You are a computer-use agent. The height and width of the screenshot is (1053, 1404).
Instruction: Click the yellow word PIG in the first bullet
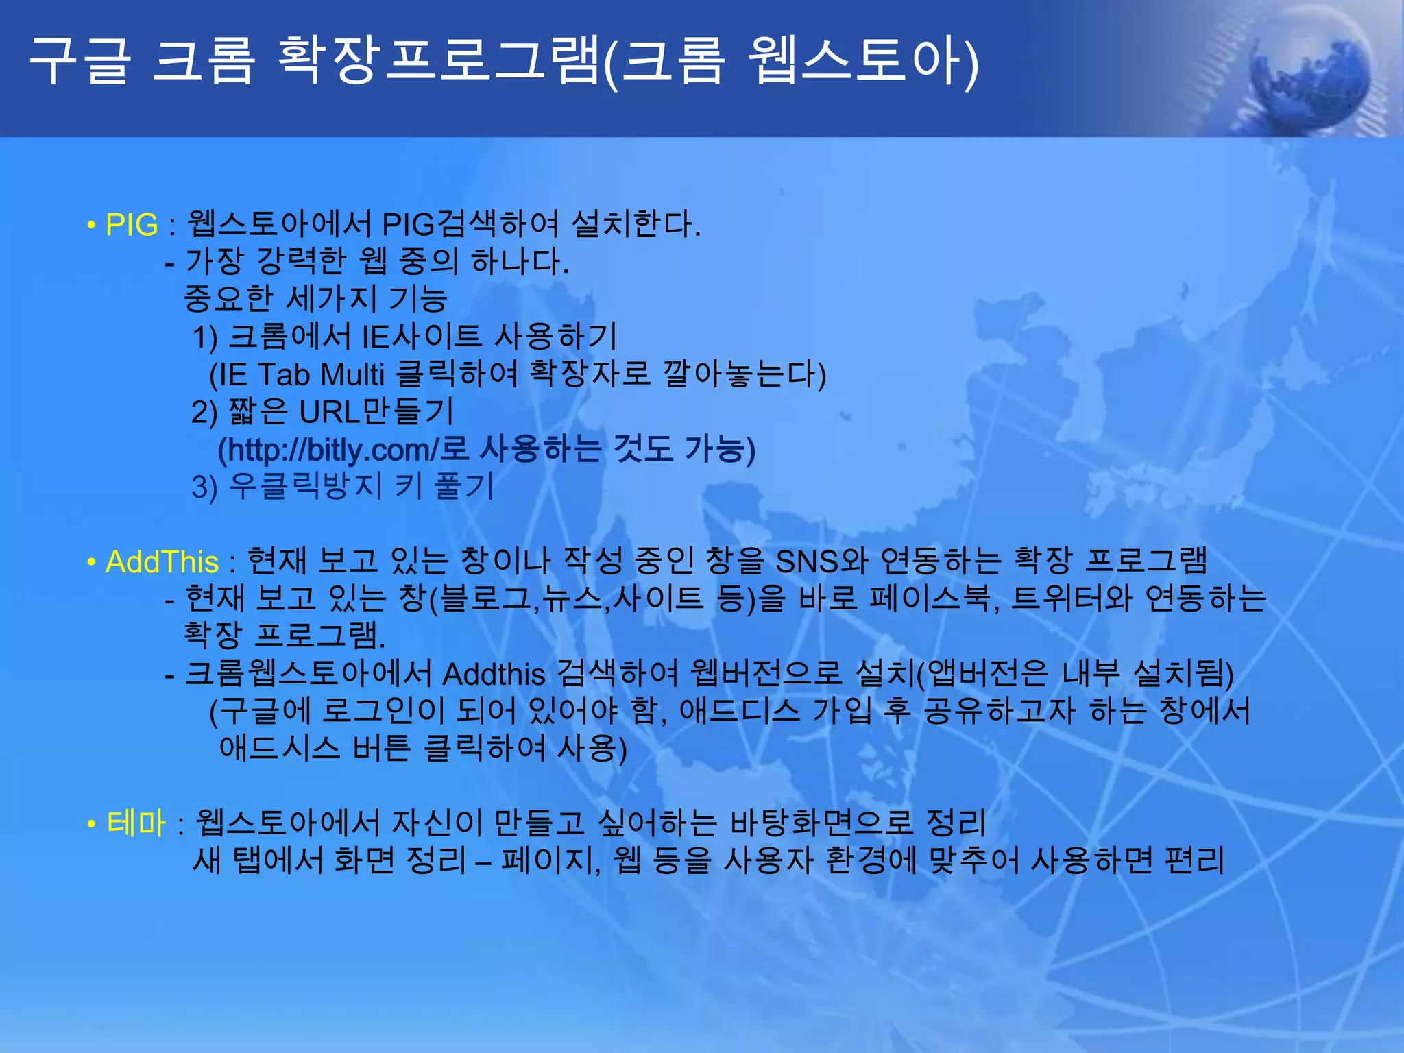point(132,225)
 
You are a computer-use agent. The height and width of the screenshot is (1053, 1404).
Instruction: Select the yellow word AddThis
point(162,562)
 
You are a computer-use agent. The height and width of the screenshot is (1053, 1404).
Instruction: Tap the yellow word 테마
point(136,823)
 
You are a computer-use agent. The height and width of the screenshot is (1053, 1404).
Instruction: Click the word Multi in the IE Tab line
point(352,375)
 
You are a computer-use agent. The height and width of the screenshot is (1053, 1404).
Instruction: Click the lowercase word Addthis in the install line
point(494,675)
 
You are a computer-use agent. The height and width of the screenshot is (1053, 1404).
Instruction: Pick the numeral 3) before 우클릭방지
point(204,487)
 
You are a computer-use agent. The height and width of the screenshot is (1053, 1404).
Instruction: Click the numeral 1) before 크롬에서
point(204,337)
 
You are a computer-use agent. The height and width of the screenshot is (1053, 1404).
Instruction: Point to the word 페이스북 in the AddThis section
point(930,598)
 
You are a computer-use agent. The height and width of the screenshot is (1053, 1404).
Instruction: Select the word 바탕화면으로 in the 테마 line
point(822,823)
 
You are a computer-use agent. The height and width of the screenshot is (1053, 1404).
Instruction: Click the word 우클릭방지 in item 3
point(304,487)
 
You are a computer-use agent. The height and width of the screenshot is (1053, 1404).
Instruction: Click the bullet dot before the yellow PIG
point(91,225)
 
